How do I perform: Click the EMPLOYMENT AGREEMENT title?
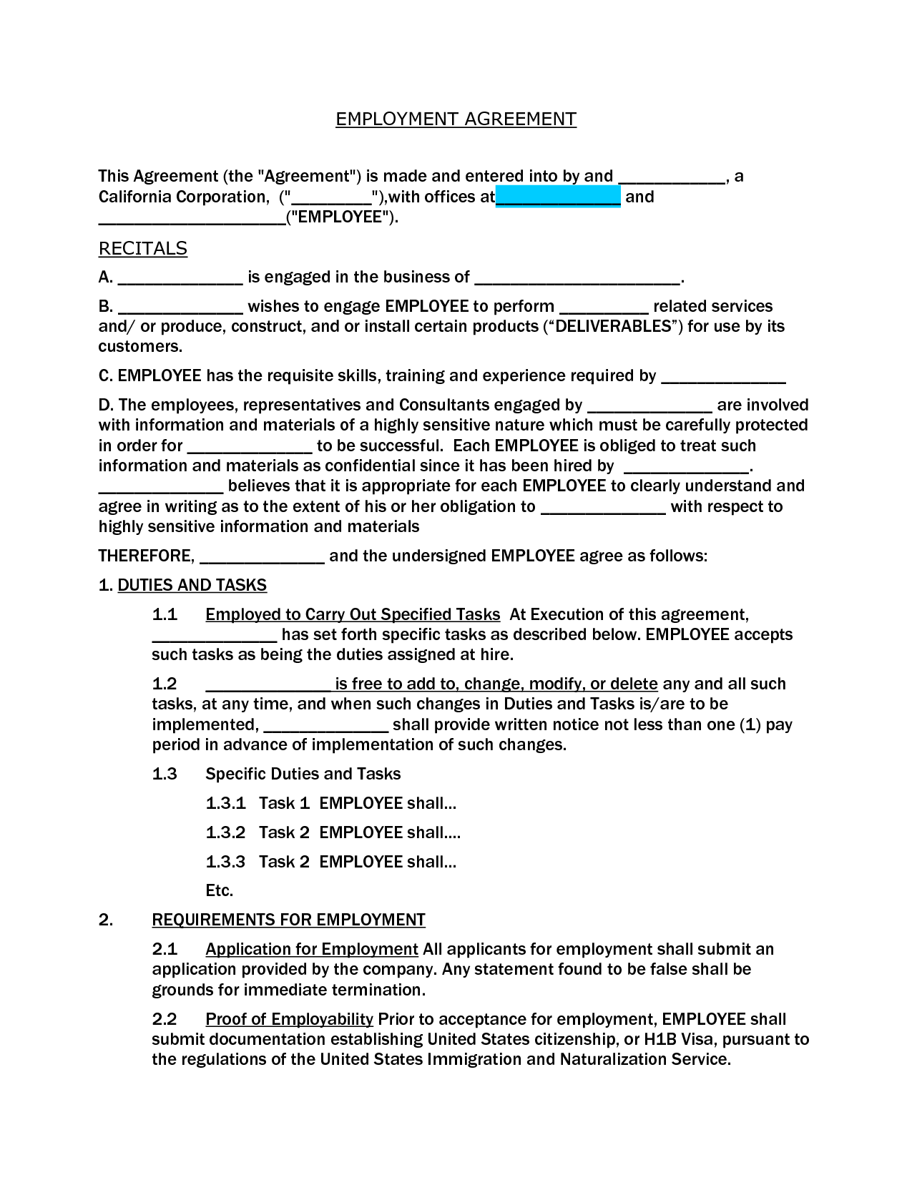point(456,119)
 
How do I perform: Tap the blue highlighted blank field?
point(558,197)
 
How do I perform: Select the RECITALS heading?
point(142,248)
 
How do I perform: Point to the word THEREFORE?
point(145,556)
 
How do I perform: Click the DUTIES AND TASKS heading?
point(192,585)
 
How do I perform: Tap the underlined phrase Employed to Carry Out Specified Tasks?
point(352,614)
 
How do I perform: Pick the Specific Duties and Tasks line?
point(303,774)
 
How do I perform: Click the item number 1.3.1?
point(225,803)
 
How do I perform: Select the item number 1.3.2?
point(225,832)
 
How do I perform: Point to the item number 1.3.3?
point(225,862)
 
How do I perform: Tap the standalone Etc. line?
point(219,890)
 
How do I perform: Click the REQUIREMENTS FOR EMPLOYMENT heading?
point(288,920)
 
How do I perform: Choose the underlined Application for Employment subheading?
point(311,949)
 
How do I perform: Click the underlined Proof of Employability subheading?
point(289,1019)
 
